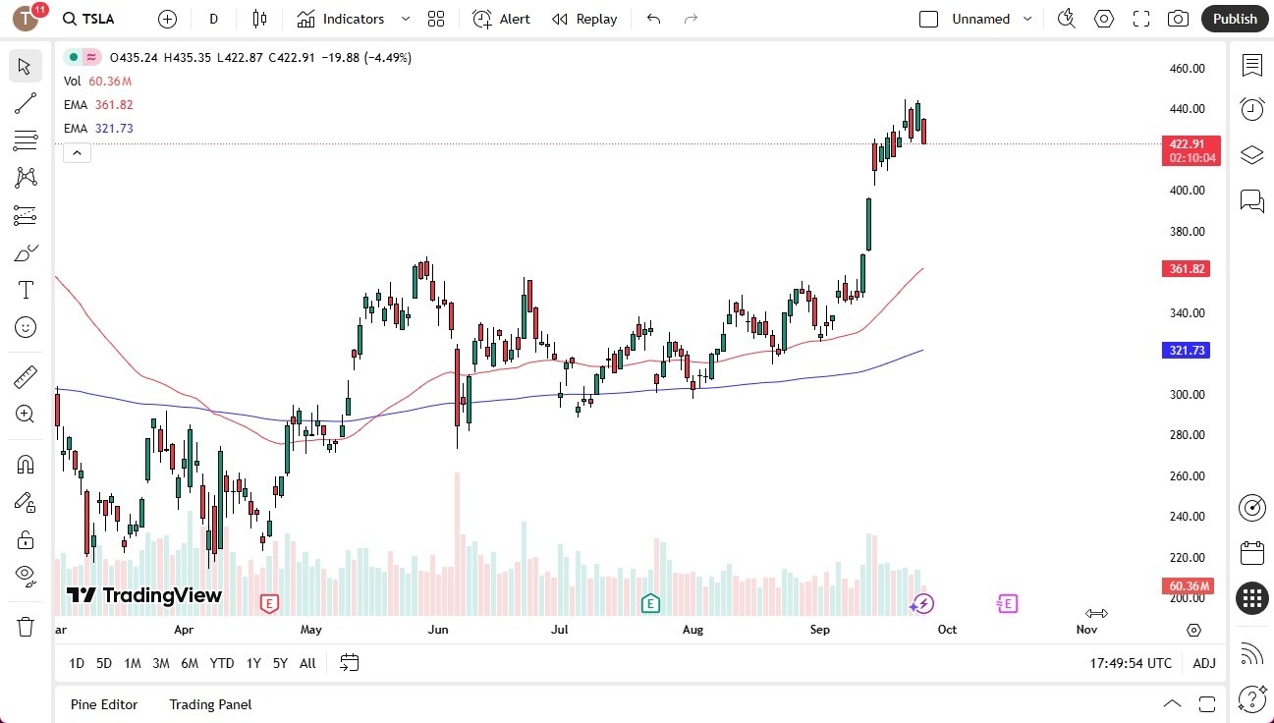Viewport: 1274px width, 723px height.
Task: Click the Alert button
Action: [501, 19]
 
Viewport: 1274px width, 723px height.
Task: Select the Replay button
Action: [584, 19]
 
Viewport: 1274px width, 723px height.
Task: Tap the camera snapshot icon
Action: [1178, 19]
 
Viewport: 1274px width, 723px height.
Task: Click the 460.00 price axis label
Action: [1187, 69]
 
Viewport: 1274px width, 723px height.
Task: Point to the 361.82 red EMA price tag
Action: [1187, 269]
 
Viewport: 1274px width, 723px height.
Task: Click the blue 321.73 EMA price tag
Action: [1187, 351]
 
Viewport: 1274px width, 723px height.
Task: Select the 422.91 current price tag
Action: [1191, 144]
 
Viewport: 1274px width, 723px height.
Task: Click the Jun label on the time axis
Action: [438, 630]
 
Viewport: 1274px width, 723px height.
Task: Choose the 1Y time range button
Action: [253, 663]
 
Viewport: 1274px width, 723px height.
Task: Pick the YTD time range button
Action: [222, 663]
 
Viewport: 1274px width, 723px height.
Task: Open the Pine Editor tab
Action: [104, 704]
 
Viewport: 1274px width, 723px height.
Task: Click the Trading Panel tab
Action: [210, 704]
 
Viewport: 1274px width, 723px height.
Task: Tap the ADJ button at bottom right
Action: [1204, 663]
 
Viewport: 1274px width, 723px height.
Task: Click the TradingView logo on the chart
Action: [144, 595]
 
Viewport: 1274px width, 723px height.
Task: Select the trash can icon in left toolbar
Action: [26, 627]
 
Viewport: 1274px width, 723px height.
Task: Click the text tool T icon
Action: [26, 290]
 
